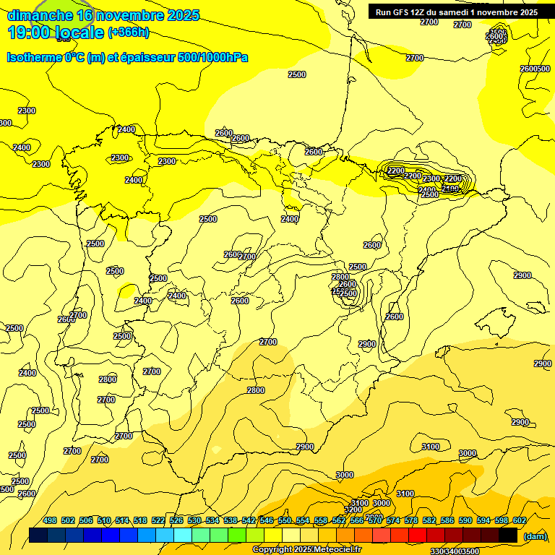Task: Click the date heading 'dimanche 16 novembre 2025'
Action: click(x=103, y=15)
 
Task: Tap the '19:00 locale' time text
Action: click(x=56, y=33)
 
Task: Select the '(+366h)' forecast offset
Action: click(x=129, y=33)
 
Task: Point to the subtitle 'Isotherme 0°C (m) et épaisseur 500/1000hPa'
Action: click(x=127, y=56)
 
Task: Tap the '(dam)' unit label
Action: click(x=535, y=535)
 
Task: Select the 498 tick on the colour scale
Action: click(x=50, y=520)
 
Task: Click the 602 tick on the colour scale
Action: click(x=520, y=520)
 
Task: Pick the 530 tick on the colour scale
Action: click(x=194, y=520)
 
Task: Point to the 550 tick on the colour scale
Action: click(x=285, y=520)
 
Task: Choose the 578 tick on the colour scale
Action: click(x=411, y=520)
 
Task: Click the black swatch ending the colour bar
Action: click(x=508, y=535)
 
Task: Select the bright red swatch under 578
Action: click(x=418, y=535)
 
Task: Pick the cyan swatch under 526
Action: click(x=183, y=535)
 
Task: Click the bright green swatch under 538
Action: click(x=237, y=535)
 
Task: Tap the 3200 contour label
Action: click(x=353, y=509)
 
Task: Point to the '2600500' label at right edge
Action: click(x=535, y=69)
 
